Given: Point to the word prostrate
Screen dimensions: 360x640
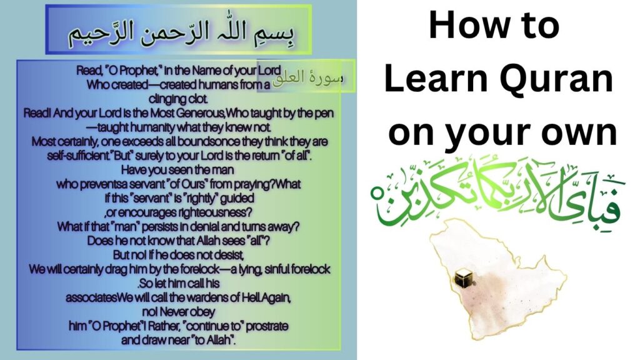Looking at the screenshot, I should click(264, 326).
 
